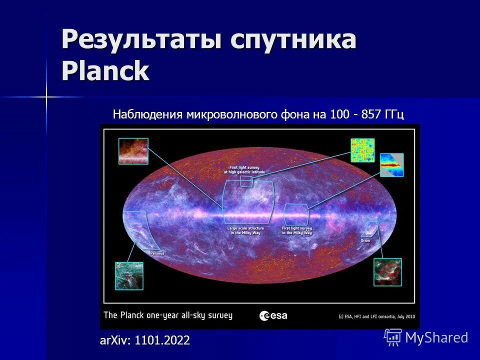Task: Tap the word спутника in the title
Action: (293, 39)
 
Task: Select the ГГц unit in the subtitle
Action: (394, 114)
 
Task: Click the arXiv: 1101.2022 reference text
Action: (145, 340)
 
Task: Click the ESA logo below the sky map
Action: (273, 315)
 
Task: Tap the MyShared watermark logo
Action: (426, 337)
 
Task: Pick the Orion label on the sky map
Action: (365, 240)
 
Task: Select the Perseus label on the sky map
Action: (157, 253)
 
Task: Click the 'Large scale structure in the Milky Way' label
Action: (245, 230)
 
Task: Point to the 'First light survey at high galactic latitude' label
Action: (245, 169)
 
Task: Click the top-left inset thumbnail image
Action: (133, 151)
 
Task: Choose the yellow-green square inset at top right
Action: (362, 150)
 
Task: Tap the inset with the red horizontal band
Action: (391, 165)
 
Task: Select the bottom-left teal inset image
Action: (129, 276)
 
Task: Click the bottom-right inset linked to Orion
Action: (387, 272)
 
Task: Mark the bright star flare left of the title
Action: (46, 97)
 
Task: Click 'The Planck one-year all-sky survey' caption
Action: (168, 315)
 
